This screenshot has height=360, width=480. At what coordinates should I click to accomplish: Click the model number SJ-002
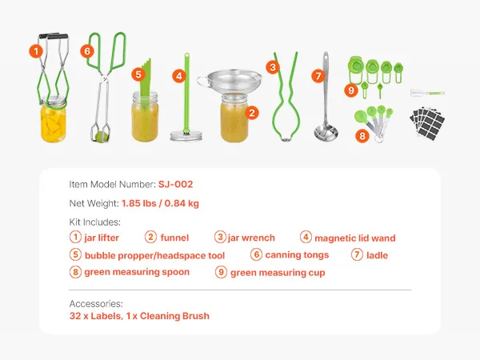pos(175,184)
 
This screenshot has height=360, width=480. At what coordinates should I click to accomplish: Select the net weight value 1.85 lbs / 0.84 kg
pos(160,203)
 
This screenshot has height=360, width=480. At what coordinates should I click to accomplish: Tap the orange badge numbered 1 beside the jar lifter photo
pos(36,51)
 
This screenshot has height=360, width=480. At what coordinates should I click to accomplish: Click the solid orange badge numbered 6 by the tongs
pos(87,51)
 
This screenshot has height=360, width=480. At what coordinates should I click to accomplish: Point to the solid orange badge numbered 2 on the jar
pos(252,113)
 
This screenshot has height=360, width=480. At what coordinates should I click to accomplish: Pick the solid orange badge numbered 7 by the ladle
pos(318,76)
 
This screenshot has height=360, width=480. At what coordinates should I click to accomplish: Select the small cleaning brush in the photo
pos(427,93)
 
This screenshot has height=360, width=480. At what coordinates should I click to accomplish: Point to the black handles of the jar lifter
pos(53,36)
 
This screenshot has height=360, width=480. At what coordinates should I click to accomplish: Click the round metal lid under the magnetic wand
pos(186,136)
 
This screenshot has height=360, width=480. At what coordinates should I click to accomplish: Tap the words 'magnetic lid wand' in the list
pos(355,238)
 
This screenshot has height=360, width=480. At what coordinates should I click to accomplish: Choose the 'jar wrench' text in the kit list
pos(251,238)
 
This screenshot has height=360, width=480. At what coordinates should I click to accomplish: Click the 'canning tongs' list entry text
pos(297,255)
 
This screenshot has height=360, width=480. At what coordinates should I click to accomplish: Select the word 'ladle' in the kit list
pos(377,255)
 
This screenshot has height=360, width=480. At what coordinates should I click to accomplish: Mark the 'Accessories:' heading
pos(96,304)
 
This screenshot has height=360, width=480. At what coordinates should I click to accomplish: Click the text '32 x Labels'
pos(95,316)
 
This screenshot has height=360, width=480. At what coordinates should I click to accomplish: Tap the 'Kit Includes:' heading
pos(95,222)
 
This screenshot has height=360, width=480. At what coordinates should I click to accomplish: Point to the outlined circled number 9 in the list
pos(221,272)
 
